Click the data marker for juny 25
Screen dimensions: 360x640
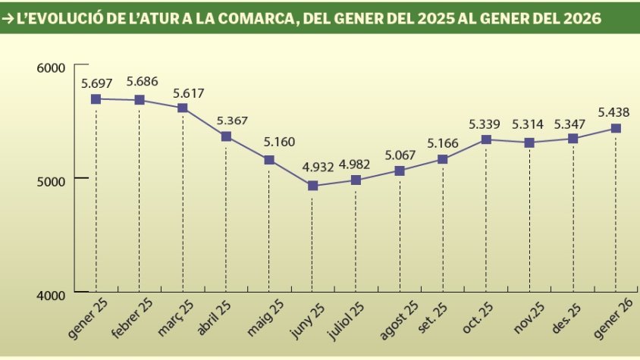pos(312,186)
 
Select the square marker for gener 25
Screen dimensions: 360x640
pos(96,99)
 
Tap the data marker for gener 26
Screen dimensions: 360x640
pos(616,128)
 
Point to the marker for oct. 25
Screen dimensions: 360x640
pos(486,139)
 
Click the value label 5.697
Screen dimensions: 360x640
pos(96,83)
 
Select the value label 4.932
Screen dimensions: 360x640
pos(312,169)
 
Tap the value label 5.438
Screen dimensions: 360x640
pos(614,112)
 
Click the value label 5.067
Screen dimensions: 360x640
pos(400,155)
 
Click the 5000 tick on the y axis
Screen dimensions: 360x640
pos(52,180)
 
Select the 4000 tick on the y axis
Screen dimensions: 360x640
pos(52,294)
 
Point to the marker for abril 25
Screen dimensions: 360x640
pos(226,136)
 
